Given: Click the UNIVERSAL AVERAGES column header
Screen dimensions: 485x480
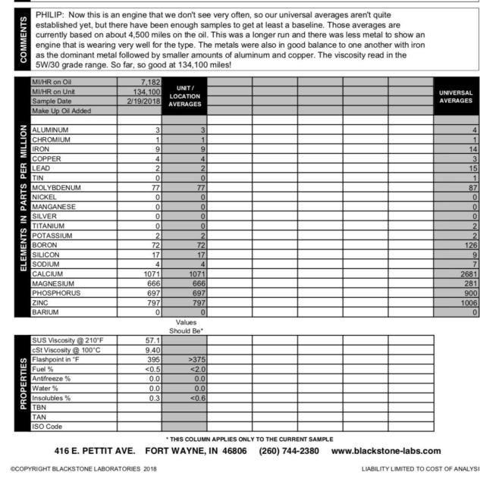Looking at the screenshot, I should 455,95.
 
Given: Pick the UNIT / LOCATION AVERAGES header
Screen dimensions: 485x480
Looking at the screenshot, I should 185,95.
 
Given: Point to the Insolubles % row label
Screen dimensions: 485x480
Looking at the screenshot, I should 52,397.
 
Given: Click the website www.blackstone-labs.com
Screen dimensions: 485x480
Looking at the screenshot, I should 386,452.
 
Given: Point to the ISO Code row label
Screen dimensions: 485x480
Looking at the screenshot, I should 47,427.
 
